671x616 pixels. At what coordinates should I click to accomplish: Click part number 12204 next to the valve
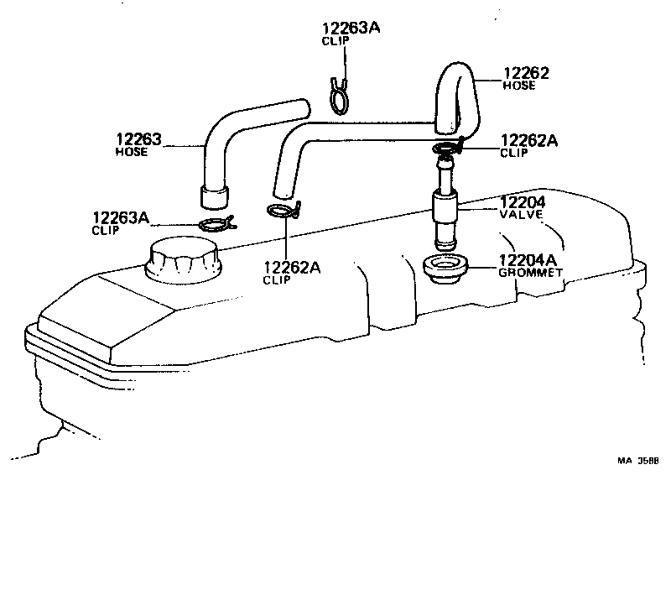[523, 202]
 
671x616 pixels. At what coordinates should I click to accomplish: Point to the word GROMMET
[531, 273]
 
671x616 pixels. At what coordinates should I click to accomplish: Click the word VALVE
[521, 214]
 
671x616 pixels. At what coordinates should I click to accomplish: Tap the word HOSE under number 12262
[518, 86]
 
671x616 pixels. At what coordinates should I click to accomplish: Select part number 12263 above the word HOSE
[138, 139]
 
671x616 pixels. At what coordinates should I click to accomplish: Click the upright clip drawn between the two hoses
[340, 97]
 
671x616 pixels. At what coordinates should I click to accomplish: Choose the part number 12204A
[528, 260]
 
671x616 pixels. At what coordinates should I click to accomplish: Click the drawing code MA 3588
[637, 461]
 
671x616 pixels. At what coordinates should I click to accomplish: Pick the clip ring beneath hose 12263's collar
[217, 223]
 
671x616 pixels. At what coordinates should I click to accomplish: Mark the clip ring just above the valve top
[448, 147]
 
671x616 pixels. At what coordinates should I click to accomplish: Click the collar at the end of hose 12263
[214, 198]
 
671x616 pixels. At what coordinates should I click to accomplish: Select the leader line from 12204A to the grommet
[483, 268]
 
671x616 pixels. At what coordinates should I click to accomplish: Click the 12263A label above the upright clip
[351, 29]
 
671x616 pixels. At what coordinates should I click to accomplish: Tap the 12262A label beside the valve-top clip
[529, 140]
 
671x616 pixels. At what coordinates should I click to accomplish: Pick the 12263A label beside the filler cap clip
[121, 217]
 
